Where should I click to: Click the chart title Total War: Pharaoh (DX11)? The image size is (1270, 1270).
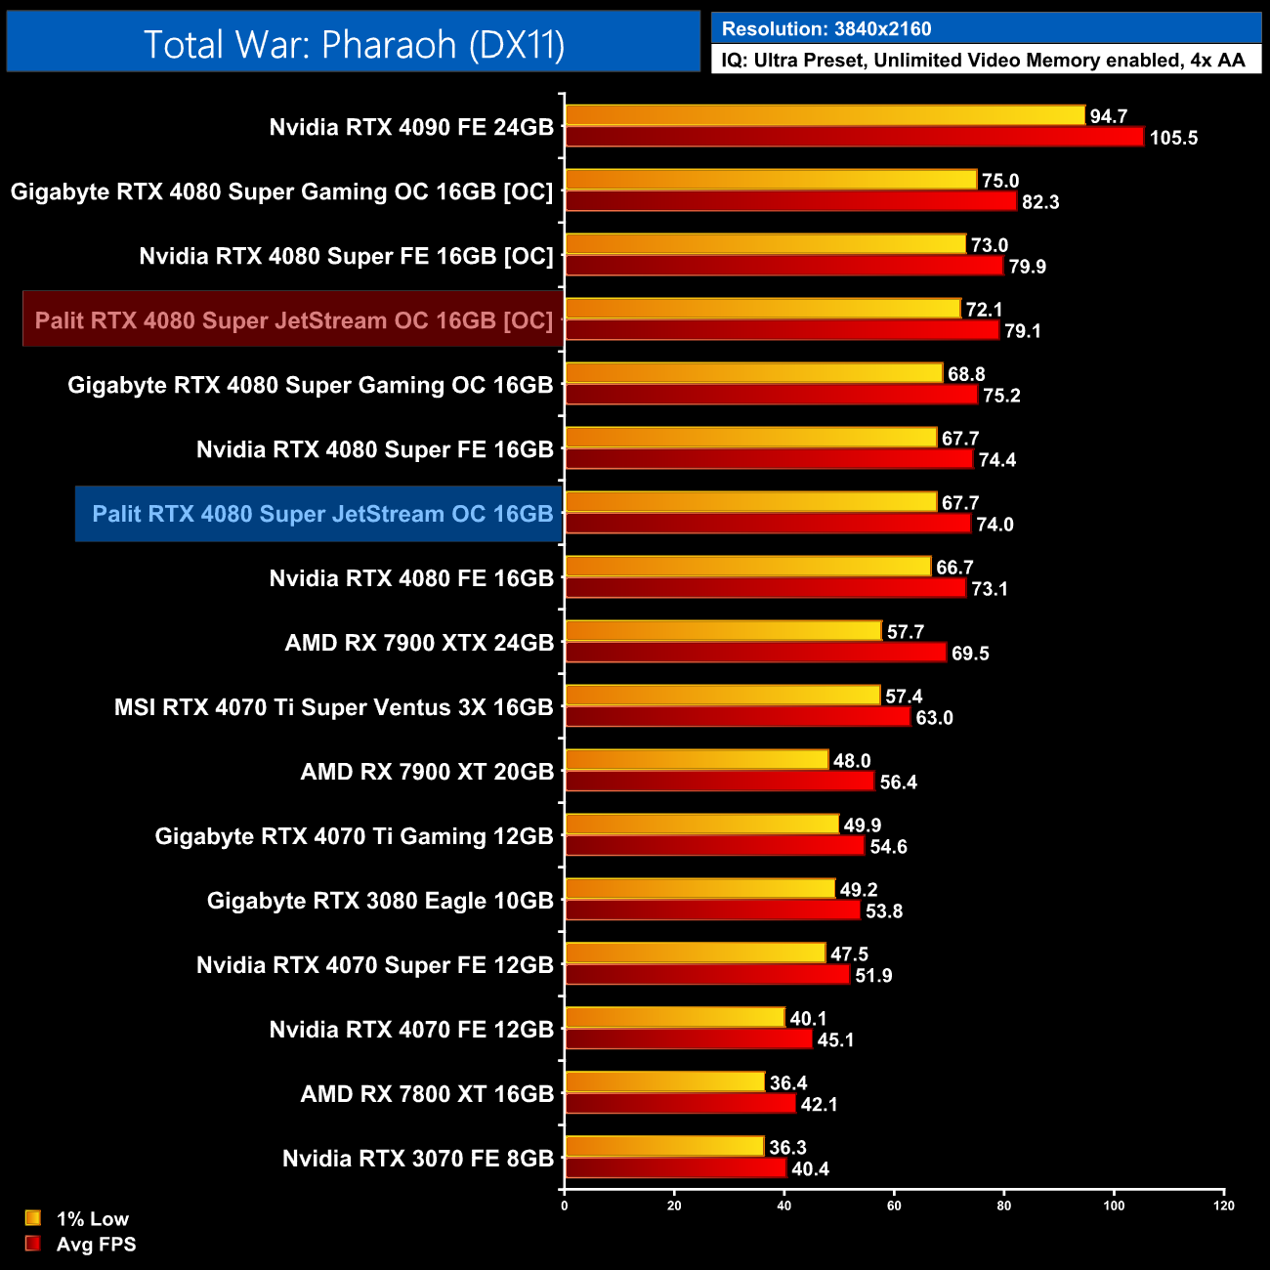coord(354,45)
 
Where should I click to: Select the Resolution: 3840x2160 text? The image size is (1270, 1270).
coord(826,28)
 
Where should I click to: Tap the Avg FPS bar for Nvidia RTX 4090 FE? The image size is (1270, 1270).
coord(854,137)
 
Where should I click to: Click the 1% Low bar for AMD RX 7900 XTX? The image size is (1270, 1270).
coord(723,631)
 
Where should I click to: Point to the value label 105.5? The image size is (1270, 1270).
coord(1173,138)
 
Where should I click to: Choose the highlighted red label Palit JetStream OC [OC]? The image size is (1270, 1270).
coord(294,320)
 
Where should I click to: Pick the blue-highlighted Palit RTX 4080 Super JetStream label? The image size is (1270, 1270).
coord(321,514)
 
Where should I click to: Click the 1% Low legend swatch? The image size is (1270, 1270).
coord(33,1218)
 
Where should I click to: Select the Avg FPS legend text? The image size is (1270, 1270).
coord(96,1245)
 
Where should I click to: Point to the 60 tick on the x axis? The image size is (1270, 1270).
coord(894,1206)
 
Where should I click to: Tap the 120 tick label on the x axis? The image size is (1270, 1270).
coord(1223,1206)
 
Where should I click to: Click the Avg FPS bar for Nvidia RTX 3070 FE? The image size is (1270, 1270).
coord(675,1168)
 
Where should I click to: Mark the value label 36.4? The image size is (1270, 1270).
coord(788,1083)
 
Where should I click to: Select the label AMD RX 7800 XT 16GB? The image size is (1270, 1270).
coord(427,1094)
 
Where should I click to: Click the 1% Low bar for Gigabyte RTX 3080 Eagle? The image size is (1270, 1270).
coord(699,889)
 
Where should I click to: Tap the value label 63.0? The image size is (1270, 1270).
coord(934,718)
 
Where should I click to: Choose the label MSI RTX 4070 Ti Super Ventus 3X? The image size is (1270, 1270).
coord(333,707)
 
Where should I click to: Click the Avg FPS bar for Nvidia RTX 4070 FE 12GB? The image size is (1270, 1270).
coord(688,1039)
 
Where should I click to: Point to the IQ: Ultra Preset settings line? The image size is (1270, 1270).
coord(983,61)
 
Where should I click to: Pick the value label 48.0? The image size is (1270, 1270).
coord(852,761)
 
